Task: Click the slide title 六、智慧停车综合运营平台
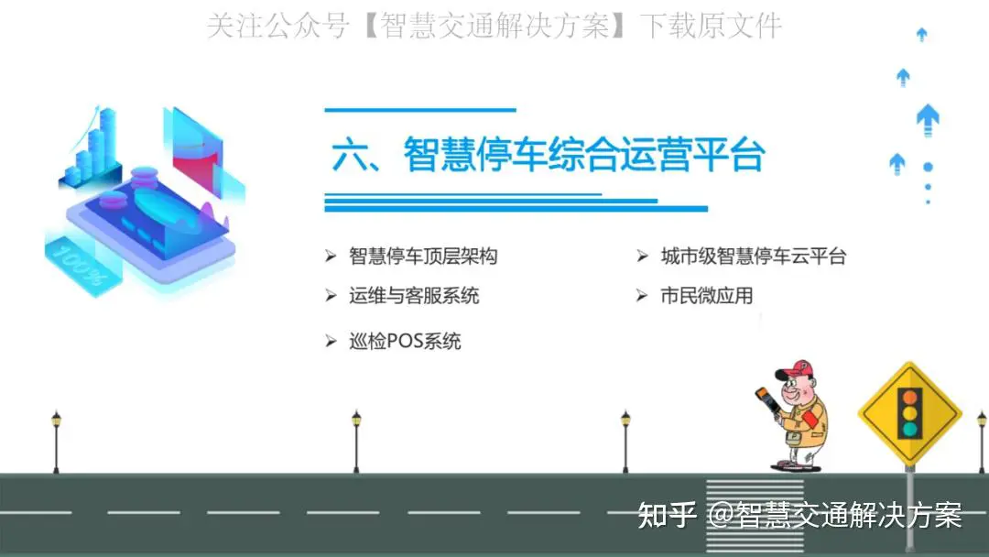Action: [549, 155]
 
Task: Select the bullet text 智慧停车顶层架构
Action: [423, 257]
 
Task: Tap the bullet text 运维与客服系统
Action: [414, 295]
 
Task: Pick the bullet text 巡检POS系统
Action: [405, 342]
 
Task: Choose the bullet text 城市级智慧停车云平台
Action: [753, 257]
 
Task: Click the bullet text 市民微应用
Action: [706, 295]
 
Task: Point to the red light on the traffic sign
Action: [909, 398]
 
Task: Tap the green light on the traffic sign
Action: [909, 430]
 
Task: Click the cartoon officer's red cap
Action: [796, 369]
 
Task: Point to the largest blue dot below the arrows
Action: [928, 167]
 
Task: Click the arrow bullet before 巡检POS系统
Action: [331, 342]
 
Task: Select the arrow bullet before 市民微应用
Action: [642, 295]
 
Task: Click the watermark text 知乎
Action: [667, 515]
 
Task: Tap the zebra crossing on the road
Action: [755, 515]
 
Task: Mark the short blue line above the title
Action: [420, 110]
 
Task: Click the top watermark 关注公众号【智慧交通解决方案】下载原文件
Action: [494, 26]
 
